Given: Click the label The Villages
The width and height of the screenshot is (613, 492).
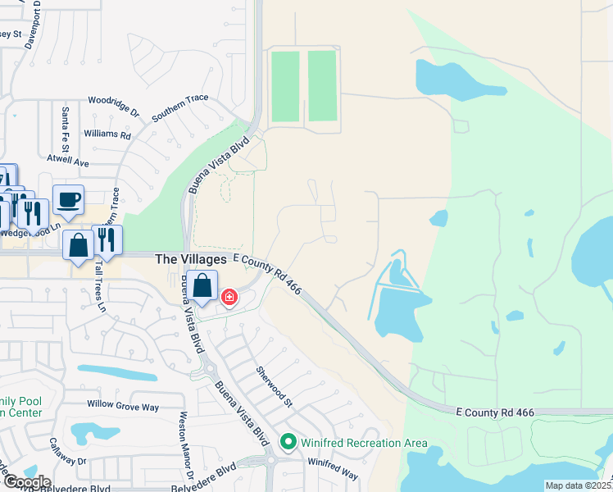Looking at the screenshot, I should click(x=192, y=258).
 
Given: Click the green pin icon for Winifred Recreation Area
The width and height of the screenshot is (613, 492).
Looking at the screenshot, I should click(x=288, y=443).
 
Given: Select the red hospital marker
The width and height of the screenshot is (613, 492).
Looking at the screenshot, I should click(x=229, y=296).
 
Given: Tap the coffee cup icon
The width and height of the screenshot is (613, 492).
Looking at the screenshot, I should click(x=67, y=199).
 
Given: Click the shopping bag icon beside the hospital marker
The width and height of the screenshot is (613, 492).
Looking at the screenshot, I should click(x=202, y=286).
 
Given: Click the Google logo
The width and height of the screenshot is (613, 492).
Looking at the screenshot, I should click(x=26, y=482).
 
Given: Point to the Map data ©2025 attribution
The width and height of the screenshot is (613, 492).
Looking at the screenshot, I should click(x=578, y=485).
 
